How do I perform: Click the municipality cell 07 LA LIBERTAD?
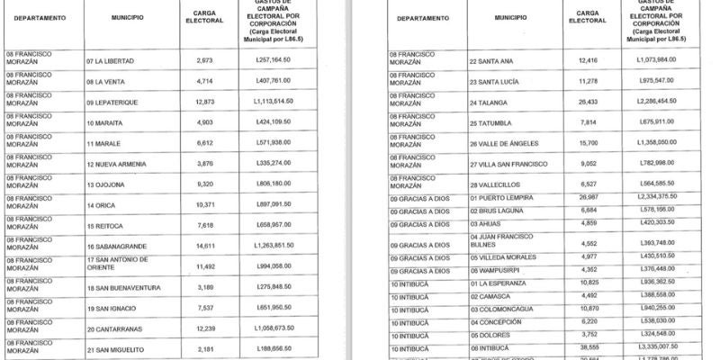tap(110, 61)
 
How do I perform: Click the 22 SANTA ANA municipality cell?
tap(491, 61)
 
